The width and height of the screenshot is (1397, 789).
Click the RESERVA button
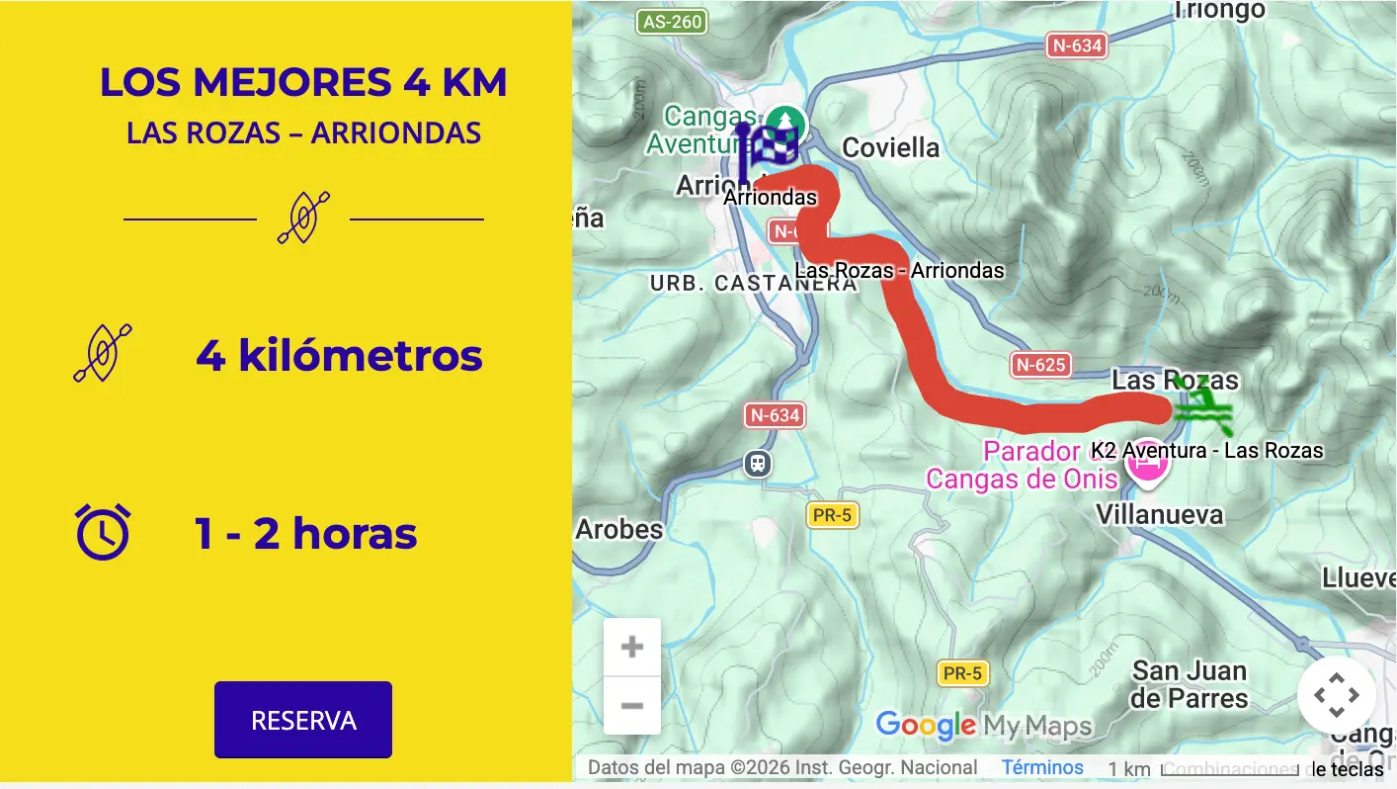coord(303,720)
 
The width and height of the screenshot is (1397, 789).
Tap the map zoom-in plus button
coord(632,648)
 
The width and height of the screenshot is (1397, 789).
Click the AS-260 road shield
coord(673,22)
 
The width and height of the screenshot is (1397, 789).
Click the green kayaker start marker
coord(1201,406)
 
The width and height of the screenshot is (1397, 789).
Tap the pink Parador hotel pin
coord(1147,462)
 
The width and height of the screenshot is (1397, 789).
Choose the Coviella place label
coord(891,148)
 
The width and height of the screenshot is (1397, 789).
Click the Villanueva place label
coord(1160,514)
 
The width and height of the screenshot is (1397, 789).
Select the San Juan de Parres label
coord(1190,684)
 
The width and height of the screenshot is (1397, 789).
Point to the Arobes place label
coord(619,530)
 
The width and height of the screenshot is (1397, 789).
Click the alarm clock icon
coord(103,531)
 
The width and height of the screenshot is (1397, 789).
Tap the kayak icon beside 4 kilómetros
coord(103,353)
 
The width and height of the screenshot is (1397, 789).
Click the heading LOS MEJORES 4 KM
coord(303,83)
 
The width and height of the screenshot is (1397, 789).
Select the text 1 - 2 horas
coord(306,534)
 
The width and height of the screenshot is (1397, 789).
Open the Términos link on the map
coord(1042,767)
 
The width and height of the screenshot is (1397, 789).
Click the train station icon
coord(758,463)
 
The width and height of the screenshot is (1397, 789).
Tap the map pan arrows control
coord(1336,695)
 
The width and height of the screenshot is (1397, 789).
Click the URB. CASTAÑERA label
coord(753,284)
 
